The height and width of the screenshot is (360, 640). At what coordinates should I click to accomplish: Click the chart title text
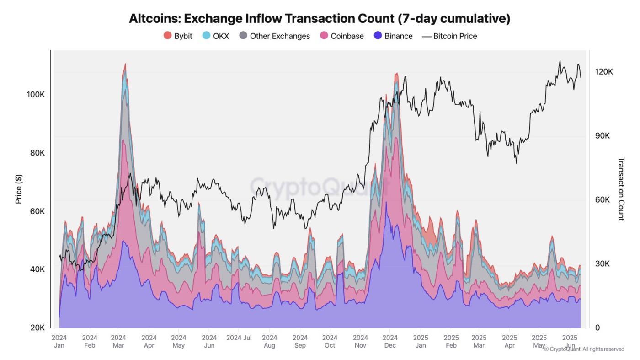[x=320, y=18]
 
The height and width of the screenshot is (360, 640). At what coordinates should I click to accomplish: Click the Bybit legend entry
[x=178, y=36]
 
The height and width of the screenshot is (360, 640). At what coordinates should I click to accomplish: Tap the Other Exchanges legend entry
[x=274, y=36]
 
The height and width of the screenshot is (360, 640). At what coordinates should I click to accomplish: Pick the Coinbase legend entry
[x=341, y=36]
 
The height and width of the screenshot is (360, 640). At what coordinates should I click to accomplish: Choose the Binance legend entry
[x=393, y=36]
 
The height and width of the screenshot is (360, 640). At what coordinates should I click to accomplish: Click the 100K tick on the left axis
[x=36, y=94]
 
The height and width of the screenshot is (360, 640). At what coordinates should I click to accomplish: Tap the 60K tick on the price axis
[x=37, y=211]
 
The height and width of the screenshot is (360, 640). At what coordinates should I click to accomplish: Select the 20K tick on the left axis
[x=37, y=328]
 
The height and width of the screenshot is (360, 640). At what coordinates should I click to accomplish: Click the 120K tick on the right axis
[x=604, y=72]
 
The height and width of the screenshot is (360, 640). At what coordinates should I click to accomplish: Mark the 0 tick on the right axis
[x=598, y=328]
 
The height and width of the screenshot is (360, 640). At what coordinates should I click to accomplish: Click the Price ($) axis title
[x=19, y=189]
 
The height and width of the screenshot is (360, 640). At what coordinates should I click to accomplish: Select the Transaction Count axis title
[x=621, y=189]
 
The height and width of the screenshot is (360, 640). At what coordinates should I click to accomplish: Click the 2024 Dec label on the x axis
[x=390, y=342]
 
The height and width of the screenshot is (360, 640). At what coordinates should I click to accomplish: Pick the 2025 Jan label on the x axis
[x=421, y=342]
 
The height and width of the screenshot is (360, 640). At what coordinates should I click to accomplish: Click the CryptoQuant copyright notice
[x=584, y=349]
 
